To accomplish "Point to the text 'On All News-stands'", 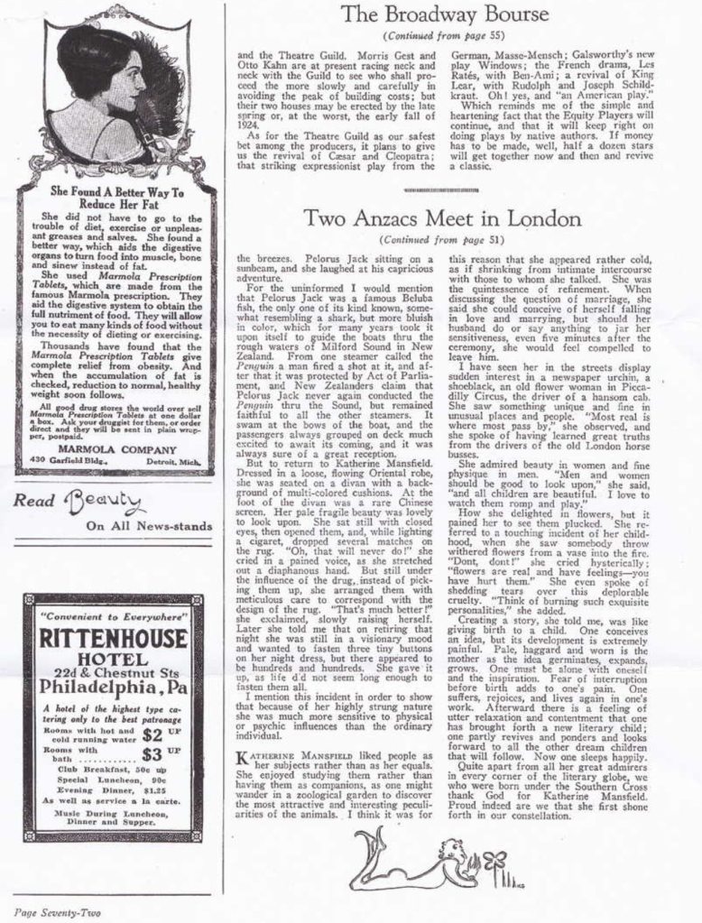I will [149, 526].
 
